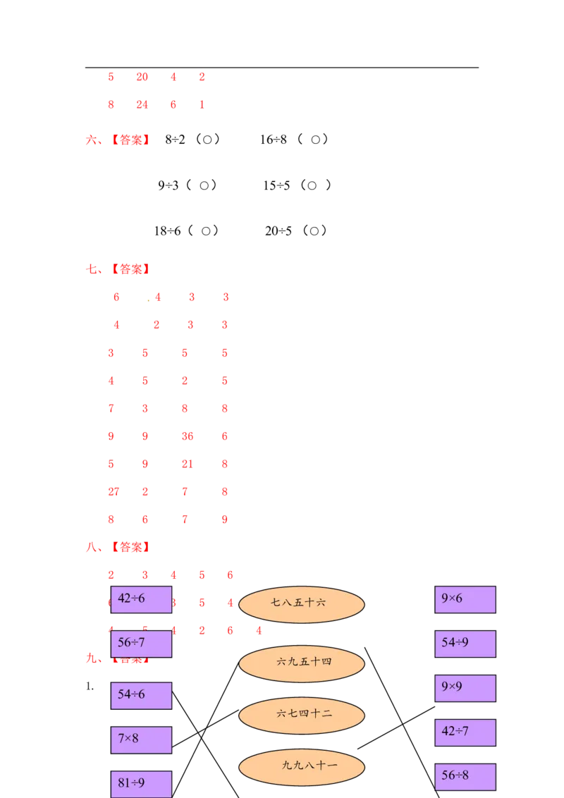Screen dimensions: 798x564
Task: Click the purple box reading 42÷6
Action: click(141, 599)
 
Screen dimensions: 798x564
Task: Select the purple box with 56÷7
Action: click(141, 644)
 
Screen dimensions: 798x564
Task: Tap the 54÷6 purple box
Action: click(141, 695)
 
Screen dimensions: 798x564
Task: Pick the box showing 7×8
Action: click(141, 739)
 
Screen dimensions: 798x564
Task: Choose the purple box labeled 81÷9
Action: click(141, 784)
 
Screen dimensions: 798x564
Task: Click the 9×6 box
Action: click(465, 599)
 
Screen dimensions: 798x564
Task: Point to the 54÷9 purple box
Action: click(465, 644)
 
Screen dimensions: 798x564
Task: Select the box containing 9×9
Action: click(465, 688)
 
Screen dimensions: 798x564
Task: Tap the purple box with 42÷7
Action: click(465, 732)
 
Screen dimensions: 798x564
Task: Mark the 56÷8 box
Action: click(465, 776)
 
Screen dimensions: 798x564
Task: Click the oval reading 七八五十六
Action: click(301, 604)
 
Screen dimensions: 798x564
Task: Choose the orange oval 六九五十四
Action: click(301, 663)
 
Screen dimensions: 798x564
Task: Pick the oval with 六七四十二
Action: click(301, 715)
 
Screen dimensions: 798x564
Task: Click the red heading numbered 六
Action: click(117, 140)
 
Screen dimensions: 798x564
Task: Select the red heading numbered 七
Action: click(117, 269)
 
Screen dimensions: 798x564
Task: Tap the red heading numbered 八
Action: click(117, 547)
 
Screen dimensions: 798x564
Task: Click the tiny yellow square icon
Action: click(149, 302)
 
